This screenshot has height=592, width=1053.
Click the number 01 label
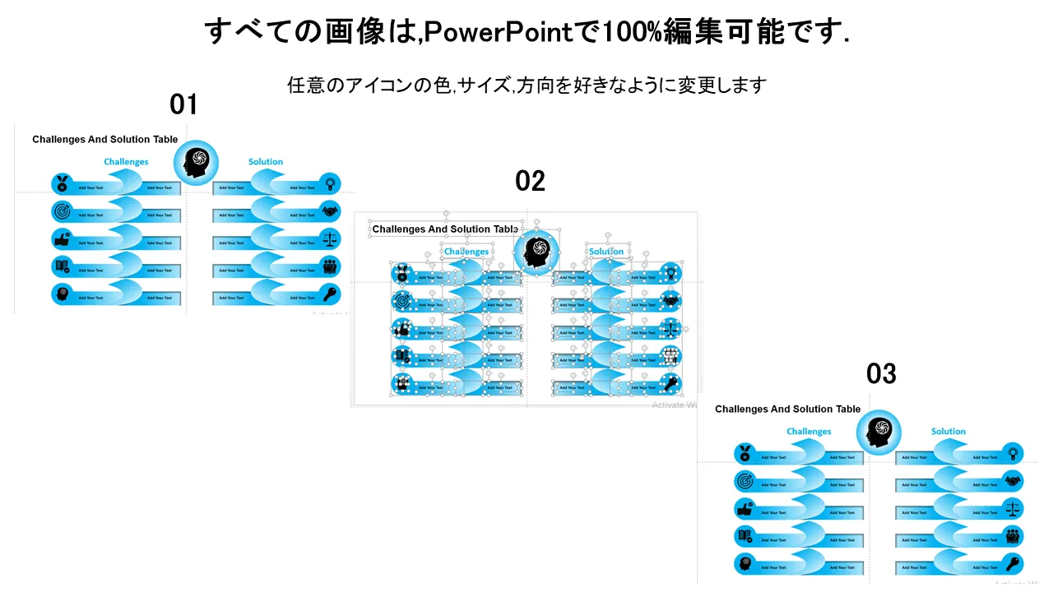tap(183, 104)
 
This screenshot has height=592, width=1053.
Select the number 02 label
tap(530, 181)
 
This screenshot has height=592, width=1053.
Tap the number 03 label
tap(881, 374)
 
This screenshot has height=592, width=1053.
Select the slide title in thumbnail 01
tap(104, 140)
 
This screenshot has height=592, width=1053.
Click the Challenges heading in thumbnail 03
tap(809, 432)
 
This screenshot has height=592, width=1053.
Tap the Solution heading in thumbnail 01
tap(266, 162)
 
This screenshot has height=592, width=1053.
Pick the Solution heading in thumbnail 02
tap(606, 252)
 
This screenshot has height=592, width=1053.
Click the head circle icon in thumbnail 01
tap(196, 163)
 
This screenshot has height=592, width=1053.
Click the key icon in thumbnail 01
tap(330, 294)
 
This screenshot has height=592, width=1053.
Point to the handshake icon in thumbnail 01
tap(330, 211)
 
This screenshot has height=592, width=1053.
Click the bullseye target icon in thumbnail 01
tap(62, 211)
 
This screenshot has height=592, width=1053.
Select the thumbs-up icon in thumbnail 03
tap(745, 509)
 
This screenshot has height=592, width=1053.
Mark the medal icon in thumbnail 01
tap(62, 184)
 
